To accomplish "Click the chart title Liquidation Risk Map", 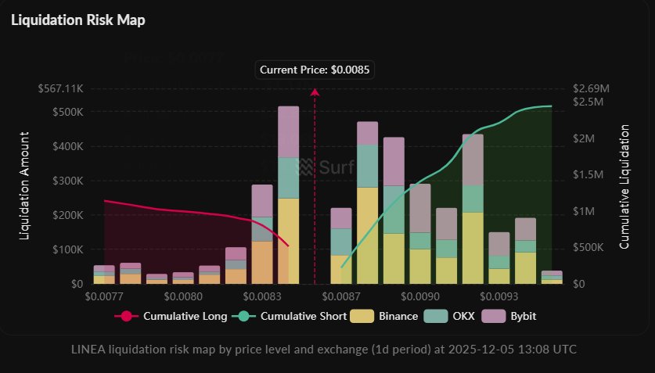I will [x=77, y=20].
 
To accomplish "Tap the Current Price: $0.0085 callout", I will [x=315, y=70].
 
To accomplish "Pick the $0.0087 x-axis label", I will [x=341, y=297].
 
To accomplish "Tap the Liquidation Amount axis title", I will [x=24, y=186].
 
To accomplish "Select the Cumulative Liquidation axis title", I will [x=624, y=186].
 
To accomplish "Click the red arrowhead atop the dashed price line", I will [x=315, y=92].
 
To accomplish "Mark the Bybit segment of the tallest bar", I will [x=289, y=131].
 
